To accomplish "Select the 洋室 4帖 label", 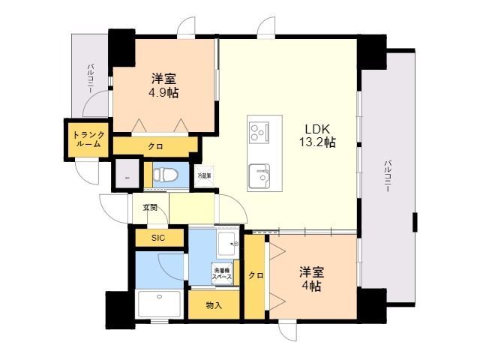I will tap(311, 277).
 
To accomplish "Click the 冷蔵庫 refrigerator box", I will tap(203, 175).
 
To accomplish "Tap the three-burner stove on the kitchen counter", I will tap(259, 132).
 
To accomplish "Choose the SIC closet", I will tap(159, 238).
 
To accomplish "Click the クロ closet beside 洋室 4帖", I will tap(256, 275).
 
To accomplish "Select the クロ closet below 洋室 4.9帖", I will tap(155, 146).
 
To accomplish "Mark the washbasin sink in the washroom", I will tap(226, 244).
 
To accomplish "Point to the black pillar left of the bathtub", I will tap(119, 307).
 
